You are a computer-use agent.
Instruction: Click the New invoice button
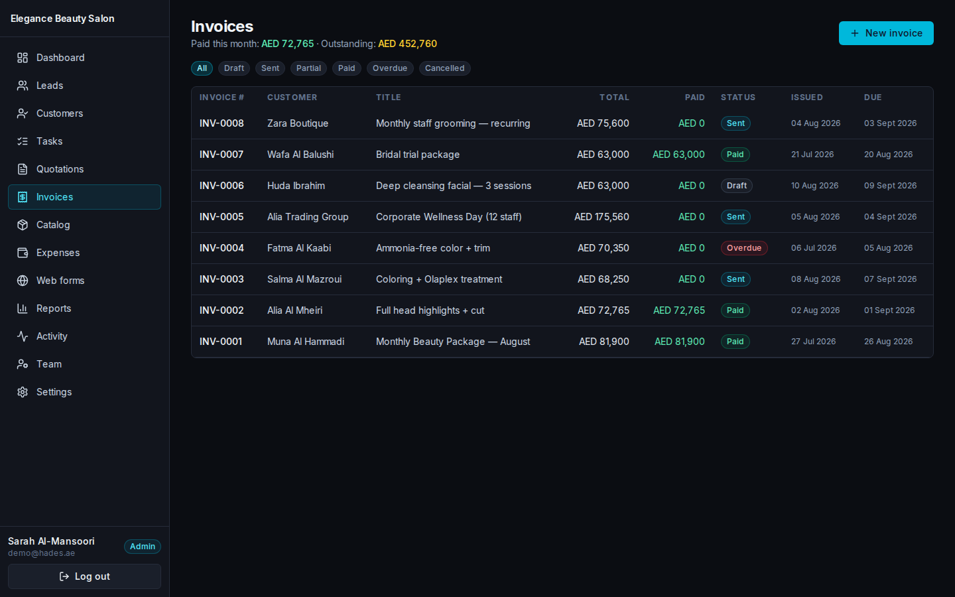click(886, 33)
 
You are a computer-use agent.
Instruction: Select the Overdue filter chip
click(390, 68)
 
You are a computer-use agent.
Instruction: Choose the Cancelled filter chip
click(444, 68)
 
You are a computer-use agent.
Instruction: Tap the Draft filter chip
click(234, 68)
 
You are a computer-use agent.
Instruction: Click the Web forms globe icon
click(23, 281)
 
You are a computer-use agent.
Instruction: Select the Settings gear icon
click(23, 392)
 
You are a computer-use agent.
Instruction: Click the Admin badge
click(143, 547)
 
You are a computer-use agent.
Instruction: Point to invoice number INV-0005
click(222, 217)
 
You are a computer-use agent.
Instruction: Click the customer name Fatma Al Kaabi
click(299, 248)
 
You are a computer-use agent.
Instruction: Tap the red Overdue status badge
click(744, 248)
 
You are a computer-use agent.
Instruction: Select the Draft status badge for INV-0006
click(737, 186)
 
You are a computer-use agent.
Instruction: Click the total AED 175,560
click(602, 217)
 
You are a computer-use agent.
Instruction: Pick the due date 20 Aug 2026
click(889, 155)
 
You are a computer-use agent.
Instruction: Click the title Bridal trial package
click(418, 155)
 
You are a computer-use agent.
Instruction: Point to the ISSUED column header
click(806, 98)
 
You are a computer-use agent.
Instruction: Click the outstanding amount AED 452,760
click(408, 44)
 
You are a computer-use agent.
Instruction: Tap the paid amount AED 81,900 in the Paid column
click(680, 342)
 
